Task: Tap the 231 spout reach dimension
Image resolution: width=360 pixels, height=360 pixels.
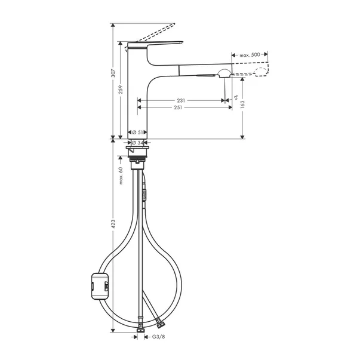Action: pos(180,100)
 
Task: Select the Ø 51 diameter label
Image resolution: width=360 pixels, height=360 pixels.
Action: pos(137,132)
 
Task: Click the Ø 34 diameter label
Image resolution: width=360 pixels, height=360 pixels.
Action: pos(137,142)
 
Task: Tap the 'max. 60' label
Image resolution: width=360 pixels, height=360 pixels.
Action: pos(121,176)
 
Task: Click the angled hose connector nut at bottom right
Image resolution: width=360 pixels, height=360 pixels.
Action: pos(159,324)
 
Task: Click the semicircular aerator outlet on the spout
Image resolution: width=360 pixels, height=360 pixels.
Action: pos(223,74)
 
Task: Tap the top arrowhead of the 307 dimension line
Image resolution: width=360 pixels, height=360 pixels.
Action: pos(113,26)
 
